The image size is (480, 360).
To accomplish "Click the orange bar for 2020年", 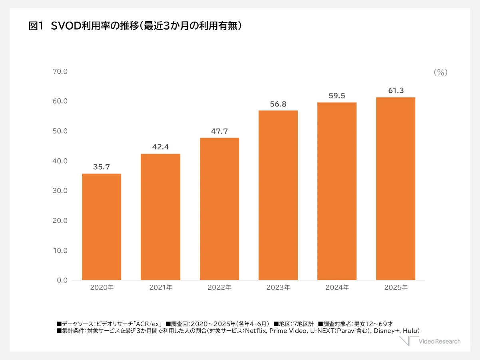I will click(102, 226).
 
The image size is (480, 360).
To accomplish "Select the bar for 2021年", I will click(160, 216).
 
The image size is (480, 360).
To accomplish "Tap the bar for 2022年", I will click(219, 208).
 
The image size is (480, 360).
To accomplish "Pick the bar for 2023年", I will click(278, 195).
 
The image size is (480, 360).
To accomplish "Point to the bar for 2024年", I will click(337, 191).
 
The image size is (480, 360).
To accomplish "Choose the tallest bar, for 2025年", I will click(396, 188).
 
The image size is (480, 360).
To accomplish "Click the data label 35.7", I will click(102, 167).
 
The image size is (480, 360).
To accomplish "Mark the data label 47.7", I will click(219, 131).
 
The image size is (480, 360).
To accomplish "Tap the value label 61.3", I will click(396, 91).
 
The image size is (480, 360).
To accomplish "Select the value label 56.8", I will click(278, 104).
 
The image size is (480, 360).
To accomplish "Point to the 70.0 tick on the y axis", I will click(60, 72).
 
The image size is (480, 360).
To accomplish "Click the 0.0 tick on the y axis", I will click(62, 280).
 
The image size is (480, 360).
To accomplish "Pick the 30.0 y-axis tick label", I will click(60, 191).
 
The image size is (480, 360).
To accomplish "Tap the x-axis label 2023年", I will click(278, 288).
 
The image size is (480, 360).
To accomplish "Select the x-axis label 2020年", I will click(102, 288).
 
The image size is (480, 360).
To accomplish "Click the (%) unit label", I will click(440, 72).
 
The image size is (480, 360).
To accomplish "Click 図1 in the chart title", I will click(36, 26).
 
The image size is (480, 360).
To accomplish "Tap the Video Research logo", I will click(430, 341).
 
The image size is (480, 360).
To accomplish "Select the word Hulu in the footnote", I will click(410, 331).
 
